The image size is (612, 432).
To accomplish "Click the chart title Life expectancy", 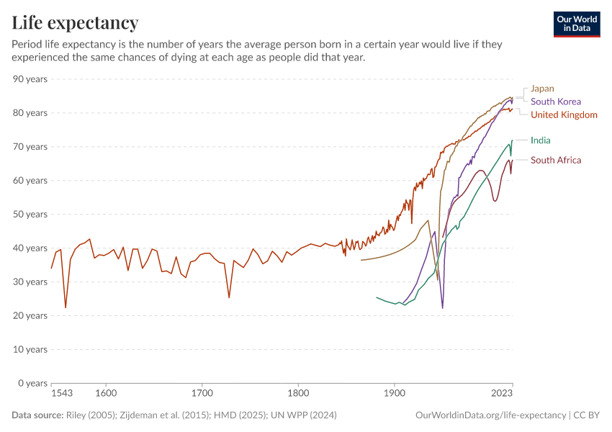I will (x=75, y=22).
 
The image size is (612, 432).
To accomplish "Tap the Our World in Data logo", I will (x=576, y=24).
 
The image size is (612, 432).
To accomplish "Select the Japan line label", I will (x=542, y=89).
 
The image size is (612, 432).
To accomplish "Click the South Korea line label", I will (x=555, y=102).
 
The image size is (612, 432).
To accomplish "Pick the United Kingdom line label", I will (x=564, y=114).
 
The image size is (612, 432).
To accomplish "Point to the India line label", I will (x=540, y=140).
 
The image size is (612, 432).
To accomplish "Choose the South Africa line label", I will (x=555, y=160).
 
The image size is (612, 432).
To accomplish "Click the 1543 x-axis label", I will (x=62, y=394).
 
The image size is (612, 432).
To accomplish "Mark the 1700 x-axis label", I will (x=202, y=394).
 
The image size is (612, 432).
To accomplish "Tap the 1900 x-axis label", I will (x=394, y=394).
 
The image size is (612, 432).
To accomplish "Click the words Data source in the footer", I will (x=37, y=415).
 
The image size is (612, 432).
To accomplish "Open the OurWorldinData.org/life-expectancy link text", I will (x=490, y=415).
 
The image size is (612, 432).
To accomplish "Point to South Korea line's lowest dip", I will (x=442, y=308).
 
